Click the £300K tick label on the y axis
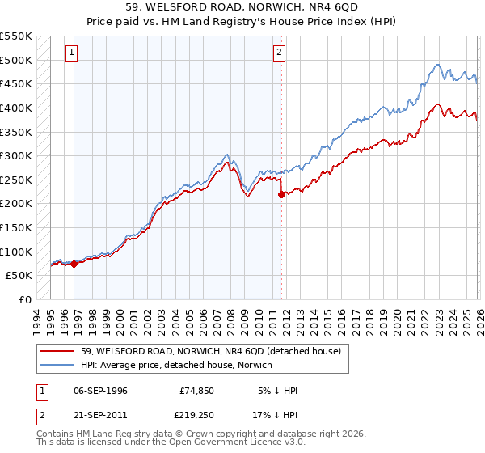tap(16, 155)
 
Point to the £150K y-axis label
tap(16, 227)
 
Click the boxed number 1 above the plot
tap(71, 53)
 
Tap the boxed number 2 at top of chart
tap(279, 53)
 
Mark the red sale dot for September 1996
tap(74, 263)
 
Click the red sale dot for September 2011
tap(281, 194)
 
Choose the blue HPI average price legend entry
tap(177, 365)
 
